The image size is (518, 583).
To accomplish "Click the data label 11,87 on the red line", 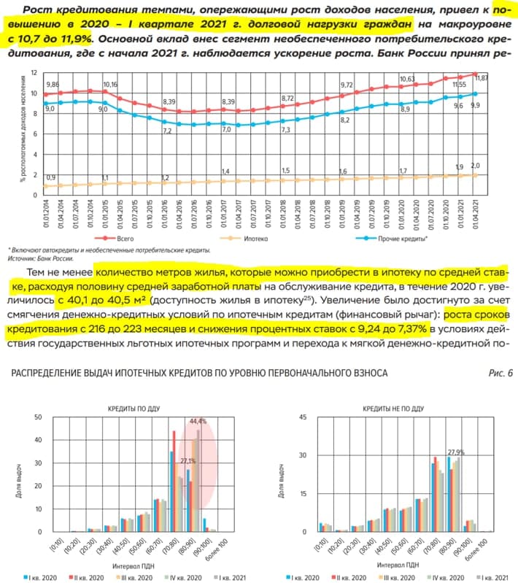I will click(x=482, y=78).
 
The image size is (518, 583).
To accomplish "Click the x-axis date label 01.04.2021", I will click(x=476, y=212).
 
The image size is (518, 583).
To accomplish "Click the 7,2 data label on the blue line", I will click(x=167, y=131).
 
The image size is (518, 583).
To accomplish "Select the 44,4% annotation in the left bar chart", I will click(x=198, y=421).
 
